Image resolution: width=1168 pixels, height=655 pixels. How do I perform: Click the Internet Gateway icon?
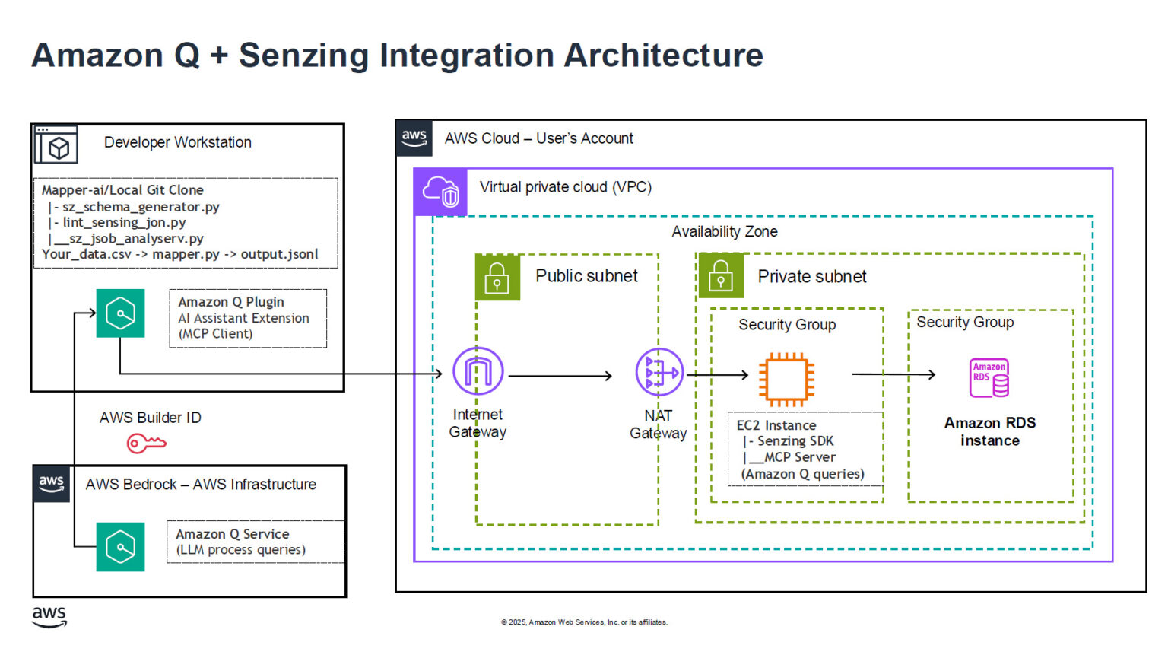point(478,371)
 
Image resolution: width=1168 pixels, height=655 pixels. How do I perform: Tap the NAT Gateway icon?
point(659,372)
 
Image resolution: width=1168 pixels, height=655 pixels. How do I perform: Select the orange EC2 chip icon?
point(786,378)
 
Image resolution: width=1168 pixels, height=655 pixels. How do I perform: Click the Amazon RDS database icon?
point(989,378)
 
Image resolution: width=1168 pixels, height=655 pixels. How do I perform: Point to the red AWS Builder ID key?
point(146,443)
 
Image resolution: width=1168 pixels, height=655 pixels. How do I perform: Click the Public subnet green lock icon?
point(497,278)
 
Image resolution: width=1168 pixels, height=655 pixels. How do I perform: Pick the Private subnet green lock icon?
point(720,276)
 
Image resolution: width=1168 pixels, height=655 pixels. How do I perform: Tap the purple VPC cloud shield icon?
point(440,192)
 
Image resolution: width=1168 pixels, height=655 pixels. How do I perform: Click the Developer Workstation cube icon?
point(56,145)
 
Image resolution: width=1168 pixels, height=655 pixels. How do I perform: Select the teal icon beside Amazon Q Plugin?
point(120,313)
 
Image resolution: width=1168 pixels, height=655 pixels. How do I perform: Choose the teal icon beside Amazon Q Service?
point(120,546)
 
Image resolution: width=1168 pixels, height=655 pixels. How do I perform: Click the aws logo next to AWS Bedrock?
point(52,484)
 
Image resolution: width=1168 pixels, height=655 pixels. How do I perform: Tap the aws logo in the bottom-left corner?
point(49,617)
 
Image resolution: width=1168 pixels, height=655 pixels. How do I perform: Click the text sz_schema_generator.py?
point(141,207)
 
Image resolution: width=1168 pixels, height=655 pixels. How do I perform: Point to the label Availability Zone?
point(724,231)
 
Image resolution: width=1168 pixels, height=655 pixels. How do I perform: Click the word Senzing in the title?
point(304,56)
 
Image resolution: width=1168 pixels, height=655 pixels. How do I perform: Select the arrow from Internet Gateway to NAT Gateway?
point(560,376)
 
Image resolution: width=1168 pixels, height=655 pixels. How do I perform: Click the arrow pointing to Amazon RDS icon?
point(893,374)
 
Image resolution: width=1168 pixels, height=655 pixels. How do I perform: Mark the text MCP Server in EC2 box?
point(799,457)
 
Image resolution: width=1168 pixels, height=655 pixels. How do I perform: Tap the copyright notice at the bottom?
point(584,622)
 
